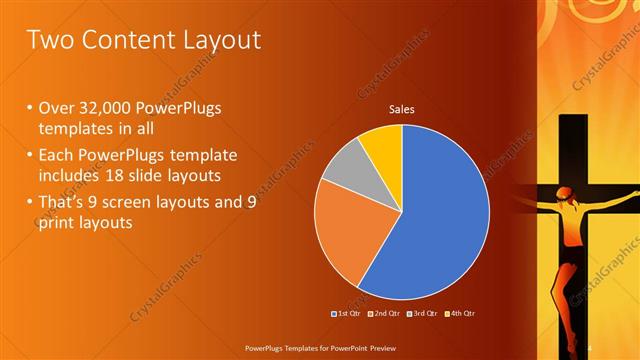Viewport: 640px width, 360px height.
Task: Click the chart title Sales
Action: [401, 110]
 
